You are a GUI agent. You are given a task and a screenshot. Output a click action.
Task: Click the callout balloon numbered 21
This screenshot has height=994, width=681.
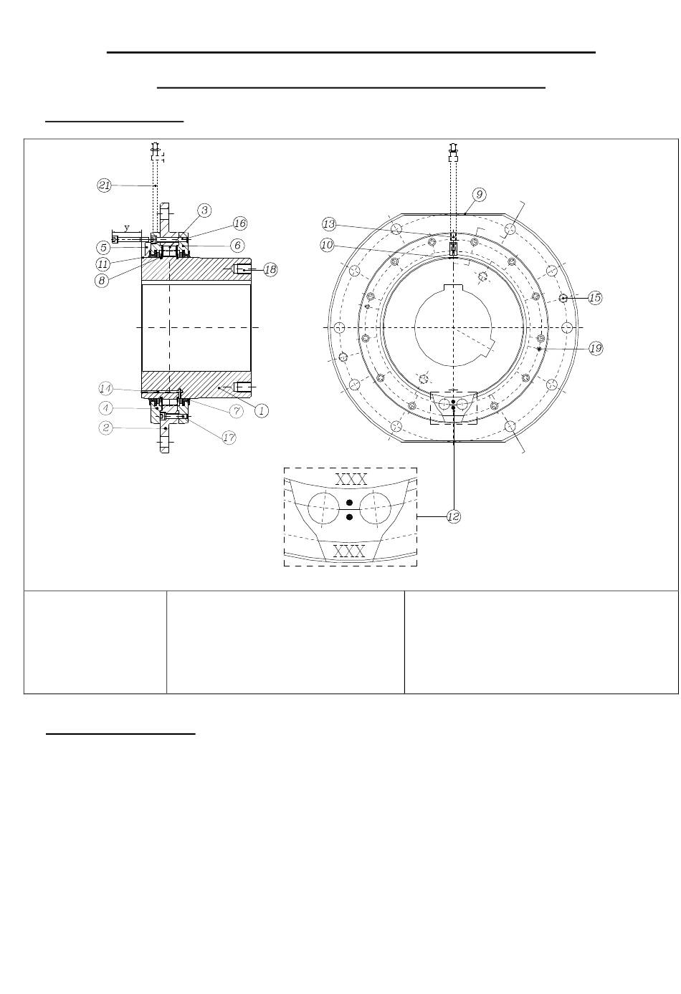point(104,185)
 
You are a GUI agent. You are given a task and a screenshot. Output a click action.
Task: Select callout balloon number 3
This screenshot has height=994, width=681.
point(204,211)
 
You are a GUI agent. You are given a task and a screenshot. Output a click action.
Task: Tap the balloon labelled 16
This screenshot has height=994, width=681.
point(240,223)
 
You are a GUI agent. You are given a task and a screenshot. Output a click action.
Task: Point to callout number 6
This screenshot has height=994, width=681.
point(237,245)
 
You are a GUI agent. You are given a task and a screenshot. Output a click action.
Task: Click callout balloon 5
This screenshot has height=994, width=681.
point(103,248)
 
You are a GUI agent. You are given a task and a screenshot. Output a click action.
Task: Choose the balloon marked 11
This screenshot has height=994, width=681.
point(103,264)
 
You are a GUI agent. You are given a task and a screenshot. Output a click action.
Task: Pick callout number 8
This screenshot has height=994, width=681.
point(102,281)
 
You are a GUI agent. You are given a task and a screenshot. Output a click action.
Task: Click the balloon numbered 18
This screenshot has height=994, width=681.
point(270,269)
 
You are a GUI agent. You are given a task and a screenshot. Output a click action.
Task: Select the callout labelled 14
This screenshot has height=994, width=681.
point(105,389)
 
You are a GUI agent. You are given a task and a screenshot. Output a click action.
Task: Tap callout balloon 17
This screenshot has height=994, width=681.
point(229,438)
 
